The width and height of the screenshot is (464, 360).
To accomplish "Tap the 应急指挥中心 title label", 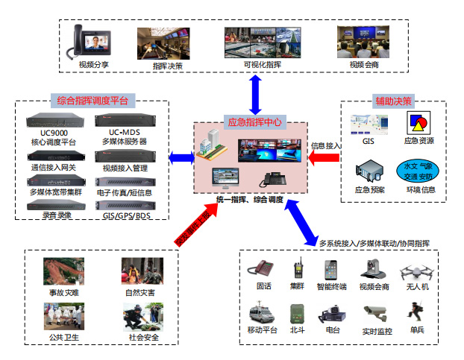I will pyautogui.click(x=254, y=121).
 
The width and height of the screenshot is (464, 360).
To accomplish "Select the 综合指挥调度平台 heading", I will pyautogui.click(x=93, y=100).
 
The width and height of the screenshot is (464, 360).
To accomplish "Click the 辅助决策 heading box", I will pyautogui.click(x=393, y=101).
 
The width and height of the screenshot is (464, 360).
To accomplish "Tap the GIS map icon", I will pyautogui.click(x=368, y=124).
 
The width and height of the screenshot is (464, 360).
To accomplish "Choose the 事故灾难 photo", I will pyautogui.click(x=63, y=269).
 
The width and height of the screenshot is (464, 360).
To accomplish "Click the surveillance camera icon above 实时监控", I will pyautogui.click(x=376, y=312).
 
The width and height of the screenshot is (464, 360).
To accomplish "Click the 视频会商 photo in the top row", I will pyautogui.click(x=364, y=42).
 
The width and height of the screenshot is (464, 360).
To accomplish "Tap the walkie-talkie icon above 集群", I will pyautogui.click(x=298, y=268).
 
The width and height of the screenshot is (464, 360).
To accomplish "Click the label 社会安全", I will pyautogui.click(x=140, y=338).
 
